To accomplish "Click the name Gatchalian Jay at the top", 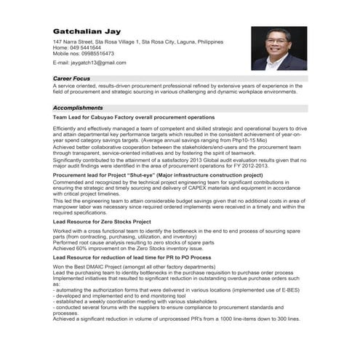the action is click(x=84, y=31).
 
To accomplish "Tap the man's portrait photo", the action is click(x=279, y=48).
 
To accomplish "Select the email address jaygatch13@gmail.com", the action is click(x=91, y=63).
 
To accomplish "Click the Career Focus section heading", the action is click(x=71, y=77).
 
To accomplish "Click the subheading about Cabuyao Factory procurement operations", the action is click(x=134, y=117).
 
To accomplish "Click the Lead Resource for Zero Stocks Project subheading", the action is click(x=102, y=221).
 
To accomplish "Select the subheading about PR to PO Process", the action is click(x=132, y=257).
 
